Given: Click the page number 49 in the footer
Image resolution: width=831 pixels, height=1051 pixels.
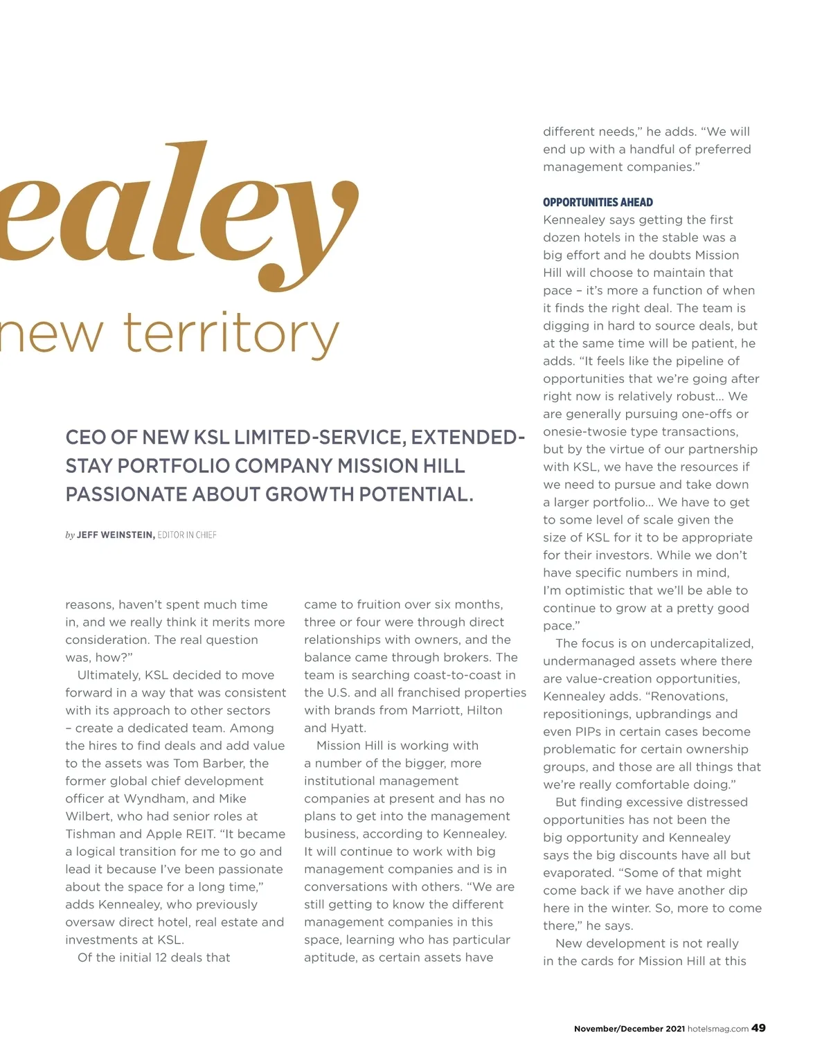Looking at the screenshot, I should click(758, 1028).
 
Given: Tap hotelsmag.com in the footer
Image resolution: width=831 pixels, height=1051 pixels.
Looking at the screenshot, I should click(718, 1029).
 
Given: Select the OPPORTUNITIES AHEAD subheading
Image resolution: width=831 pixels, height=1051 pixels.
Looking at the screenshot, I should click(598, 202).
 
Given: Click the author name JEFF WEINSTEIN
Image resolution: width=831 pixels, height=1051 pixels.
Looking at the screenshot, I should click(116, 535).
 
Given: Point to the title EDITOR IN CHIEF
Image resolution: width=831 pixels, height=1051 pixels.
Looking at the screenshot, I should click(187, 535).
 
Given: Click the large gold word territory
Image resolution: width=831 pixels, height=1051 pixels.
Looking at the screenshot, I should click(231, 334).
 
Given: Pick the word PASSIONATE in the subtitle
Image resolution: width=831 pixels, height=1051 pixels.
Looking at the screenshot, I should click(126, 494).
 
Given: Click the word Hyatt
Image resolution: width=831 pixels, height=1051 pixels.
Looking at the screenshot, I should click(350, 728).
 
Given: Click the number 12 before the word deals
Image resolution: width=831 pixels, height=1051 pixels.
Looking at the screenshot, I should click(146, 958).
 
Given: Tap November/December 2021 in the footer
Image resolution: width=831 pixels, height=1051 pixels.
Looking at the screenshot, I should click(629, 1029).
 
